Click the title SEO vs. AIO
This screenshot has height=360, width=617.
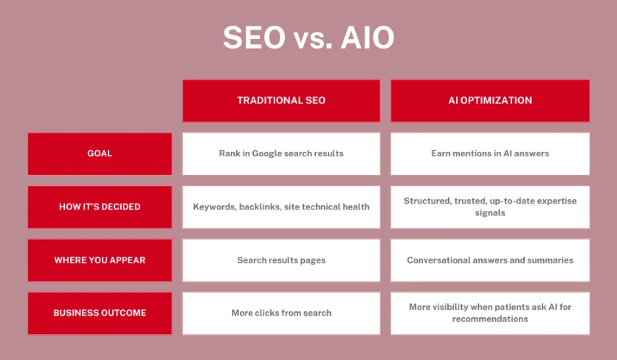pos(308,38)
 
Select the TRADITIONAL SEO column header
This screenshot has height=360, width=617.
pos(281,100)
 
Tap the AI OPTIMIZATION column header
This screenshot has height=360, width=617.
pos(489,100)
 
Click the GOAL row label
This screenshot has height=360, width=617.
pos(100,153)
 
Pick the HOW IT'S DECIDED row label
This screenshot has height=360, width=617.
pos(100,207)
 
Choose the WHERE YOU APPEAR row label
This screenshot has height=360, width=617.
pos(100,260)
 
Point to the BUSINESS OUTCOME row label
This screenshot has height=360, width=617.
pos(100,313)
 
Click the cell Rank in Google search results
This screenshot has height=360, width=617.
pos(281,153)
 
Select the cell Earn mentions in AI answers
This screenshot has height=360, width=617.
pos(489,153)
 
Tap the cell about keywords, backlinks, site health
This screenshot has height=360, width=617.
pos(281,207)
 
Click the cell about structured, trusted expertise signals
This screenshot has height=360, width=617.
pos(489,207)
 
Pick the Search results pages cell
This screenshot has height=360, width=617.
pos(281,260)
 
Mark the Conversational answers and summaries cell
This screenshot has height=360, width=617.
pos(489,260)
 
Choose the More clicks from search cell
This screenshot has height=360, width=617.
pos(281,313)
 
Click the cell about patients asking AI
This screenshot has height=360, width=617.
pos(489,313)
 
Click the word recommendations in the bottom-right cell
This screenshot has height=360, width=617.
pos(490,319)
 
